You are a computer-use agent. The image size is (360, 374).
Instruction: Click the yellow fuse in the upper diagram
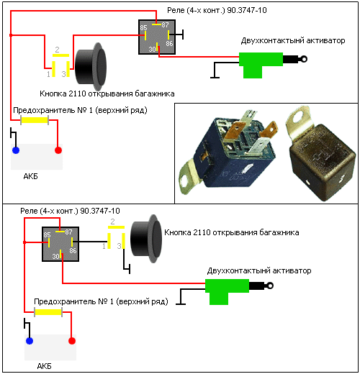click(x=35, y=120)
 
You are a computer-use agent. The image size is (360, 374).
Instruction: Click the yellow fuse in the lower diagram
click(x=48, y=312)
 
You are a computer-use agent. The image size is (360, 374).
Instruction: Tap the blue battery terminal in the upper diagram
click(x=16, y=150)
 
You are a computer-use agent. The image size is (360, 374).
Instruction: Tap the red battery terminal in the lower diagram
click(x=72, y=341)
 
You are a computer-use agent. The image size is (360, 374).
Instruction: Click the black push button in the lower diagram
click(x=146, y=239)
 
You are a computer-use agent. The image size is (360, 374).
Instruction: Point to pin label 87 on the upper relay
click(x=165, y=24)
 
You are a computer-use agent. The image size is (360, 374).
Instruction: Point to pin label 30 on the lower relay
click(x=56, y=256)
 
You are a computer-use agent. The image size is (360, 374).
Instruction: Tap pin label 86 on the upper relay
click(x=169, y=43)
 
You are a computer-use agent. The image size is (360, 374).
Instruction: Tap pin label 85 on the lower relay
click(x=47, y=234)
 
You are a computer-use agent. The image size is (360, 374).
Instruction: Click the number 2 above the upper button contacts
click(x=57, y=50)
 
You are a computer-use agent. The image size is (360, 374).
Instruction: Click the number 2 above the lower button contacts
click(x=112, y=222)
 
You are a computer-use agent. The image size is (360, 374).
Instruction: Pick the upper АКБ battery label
click(x=30, y=176)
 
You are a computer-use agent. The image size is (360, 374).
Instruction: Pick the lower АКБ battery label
click(x=44, y=366)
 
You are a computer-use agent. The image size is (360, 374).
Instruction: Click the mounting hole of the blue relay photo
click(x=184, y=181)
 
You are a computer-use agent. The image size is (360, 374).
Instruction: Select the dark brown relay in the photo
click(x=320, y=153)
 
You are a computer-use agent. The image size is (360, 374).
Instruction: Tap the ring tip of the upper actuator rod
click(x=304, y=59)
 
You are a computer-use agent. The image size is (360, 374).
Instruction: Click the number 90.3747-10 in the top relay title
click(x=247, y=10)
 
